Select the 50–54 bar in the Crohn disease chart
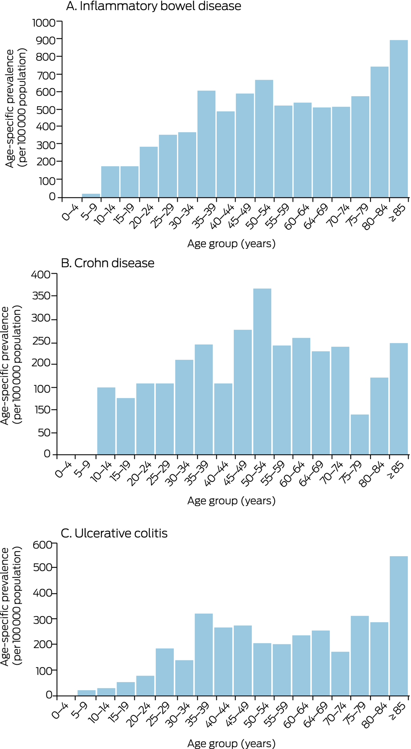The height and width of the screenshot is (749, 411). click(262, 371)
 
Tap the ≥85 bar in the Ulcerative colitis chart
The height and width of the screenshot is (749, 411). click(399, 626)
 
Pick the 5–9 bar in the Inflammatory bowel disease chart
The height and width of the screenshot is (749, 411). click(91, 196)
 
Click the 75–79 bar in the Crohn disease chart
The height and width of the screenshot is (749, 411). click(360, 434)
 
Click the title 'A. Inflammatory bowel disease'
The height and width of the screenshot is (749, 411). click(153, 6)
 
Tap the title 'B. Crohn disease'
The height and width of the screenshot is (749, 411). click(108, 263)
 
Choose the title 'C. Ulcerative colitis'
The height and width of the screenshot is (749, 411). click(114, 533)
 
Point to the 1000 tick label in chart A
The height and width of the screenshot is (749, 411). click(44, 22)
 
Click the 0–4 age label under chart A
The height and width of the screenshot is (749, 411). click(70, 212)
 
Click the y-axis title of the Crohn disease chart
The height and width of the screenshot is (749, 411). click(10, 365)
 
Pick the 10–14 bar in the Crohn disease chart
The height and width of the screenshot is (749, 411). click(106, 421)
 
